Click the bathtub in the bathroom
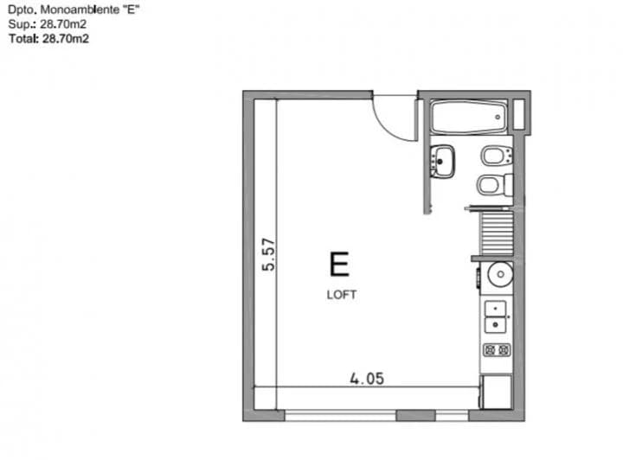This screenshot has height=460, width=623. click(x=466, y=118)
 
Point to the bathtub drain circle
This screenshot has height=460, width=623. click(x=497, y=118)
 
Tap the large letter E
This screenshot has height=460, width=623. click(x=339, y=263)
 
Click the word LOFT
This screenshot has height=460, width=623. click(x=341, y=294)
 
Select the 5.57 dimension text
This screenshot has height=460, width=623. click(x=268, y=255)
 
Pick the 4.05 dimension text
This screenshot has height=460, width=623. click(x=366, y=378)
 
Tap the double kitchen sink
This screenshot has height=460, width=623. click(x=496, y=316)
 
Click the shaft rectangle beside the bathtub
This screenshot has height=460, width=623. click(x=520, y=116)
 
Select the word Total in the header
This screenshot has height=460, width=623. click(x=22, y=38)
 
